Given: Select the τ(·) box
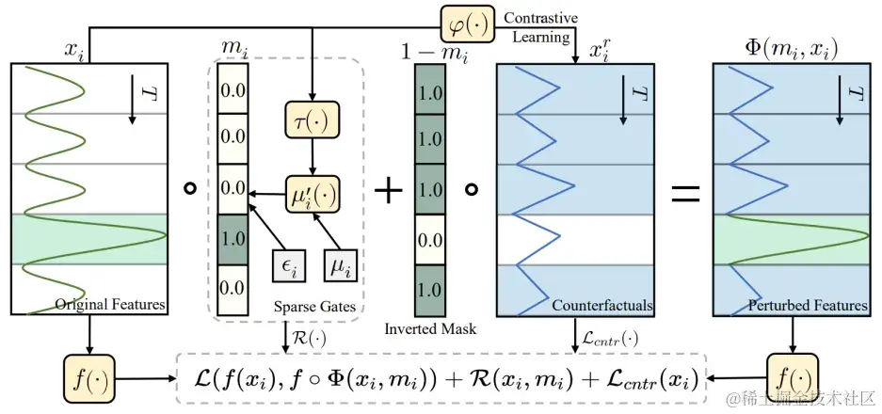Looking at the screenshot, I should pyautogui.click(x=311, y=120).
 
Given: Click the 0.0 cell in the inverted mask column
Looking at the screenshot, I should pyautogui.click(x=428, y=240).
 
